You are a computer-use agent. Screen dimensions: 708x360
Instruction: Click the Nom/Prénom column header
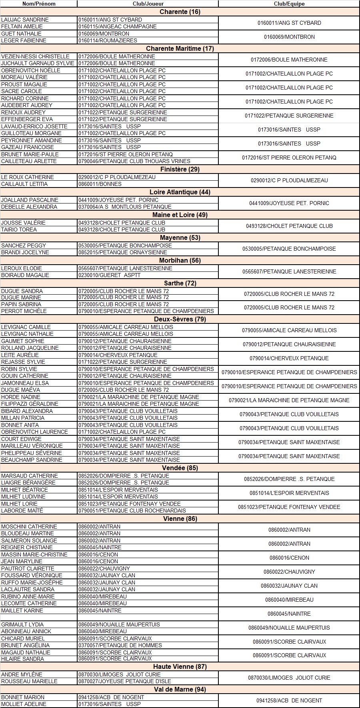coord(39,4)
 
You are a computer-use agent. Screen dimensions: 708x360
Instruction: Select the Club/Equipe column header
coord(289,4)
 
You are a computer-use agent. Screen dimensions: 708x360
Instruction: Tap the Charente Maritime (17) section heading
coord(180,48)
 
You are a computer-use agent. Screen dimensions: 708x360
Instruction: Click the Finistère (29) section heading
coord(180,169)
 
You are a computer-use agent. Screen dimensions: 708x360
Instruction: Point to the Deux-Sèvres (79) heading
coord(180,319)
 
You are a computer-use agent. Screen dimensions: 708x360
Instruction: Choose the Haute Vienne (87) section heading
coord(180,666)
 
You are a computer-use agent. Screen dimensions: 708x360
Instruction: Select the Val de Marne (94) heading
coord(180,689)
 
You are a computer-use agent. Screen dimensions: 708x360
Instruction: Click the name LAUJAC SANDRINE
coord(25,20)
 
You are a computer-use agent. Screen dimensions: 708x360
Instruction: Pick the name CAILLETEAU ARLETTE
coord(29,161)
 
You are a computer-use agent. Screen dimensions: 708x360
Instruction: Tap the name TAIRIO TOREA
coord(19,229)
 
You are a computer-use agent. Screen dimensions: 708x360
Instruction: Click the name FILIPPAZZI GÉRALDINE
coord(30,404)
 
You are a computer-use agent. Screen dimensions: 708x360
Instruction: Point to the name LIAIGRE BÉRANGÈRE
coord(28,483)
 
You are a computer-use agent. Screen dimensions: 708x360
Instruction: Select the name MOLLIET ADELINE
coord(24,704)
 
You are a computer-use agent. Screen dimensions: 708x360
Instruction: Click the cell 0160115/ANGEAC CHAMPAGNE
coord(118,26)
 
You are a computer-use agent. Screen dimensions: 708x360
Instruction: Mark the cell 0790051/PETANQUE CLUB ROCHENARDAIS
coord(132,511)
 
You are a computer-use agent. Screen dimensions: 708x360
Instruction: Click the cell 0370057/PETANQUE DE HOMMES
coord(120,645)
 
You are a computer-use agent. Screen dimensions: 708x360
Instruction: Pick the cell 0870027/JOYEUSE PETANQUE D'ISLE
coord(125,681)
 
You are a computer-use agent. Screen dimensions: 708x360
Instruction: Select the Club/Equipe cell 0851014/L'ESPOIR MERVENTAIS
coord(289,493)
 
